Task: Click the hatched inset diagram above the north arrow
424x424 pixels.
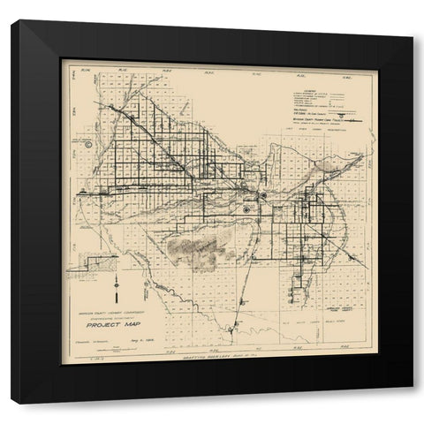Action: click(99, 263)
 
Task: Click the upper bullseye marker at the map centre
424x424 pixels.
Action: click(263, 195)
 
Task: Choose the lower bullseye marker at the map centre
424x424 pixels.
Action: click(246, 210)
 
